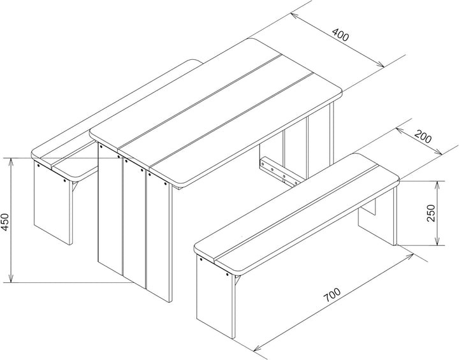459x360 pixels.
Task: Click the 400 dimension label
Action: click(340, 35)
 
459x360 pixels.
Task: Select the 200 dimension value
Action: click(423, 137)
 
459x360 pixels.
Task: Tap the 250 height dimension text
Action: click(431, 213)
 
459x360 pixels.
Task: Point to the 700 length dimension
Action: click(332, 295)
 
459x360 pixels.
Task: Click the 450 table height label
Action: click(6, 222)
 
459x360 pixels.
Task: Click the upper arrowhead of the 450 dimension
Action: click(11, 162)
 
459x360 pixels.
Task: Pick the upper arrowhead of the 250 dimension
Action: click(437, 185)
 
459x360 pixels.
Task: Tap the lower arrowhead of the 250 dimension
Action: click(437, 241)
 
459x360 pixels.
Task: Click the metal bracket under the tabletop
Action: click(280, 171)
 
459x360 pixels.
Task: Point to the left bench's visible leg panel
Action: click(53, 202)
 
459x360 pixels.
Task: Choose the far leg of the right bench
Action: click(377, 217)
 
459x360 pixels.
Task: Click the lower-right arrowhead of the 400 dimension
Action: click(380, 65)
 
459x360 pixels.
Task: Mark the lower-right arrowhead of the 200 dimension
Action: click(438, 152)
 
